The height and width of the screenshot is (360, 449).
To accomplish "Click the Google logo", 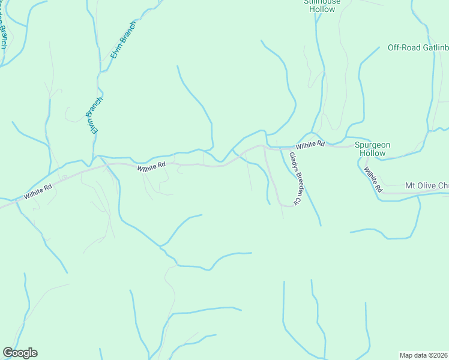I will [x=20, y=353].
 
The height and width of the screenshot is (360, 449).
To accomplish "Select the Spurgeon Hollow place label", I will [x=372, y=149].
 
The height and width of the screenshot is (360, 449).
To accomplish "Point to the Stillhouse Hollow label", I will [x=322, y=5].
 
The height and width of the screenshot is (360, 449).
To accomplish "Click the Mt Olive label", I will [x=427, y=185].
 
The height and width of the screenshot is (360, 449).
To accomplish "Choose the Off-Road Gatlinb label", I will [x=418, y=48].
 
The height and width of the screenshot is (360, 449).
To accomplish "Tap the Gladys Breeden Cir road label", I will [x=294, y=179].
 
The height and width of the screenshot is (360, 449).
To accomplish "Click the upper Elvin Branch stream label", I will [x=124, y=41].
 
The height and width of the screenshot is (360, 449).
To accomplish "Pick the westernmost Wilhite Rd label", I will [x=38, y=192].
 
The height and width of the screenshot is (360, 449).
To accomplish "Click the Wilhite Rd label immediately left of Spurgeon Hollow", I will [x=309, y=145].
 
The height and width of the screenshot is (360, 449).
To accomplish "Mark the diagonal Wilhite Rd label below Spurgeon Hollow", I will [x=372, y=179].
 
